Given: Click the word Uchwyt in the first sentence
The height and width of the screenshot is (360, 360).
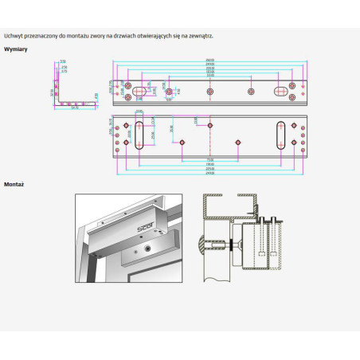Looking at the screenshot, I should click(13, 35).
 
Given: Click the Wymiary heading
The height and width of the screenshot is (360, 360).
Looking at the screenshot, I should click(15, 49).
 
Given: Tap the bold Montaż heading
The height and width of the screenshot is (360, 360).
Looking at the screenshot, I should click(14, 183).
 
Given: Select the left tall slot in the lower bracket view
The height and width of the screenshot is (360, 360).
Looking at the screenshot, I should click(140, 135).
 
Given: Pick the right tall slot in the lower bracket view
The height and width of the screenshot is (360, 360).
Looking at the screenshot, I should click(280, 135).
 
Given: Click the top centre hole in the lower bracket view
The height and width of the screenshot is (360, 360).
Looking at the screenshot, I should click(210, 125).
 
